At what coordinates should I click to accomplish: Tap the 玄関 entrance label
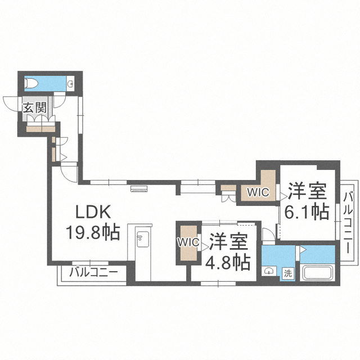tap(35, 107)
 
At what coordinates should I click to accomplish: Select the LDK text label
tap(93, 211)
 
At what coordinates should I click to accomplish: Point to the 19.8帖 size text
tap(93, 232)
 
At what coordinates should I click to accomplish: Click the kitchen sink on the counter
tap(142, 239)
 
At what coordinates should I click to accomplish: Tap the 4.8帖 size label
tap(227, 262)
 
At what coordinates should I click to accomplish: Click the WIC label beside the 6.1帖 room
tap(258, 192)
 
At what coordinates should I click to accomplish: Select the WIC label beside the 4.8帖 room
tap(189, 242)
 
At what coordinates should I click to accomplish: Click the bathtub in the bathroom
tap(318, 272)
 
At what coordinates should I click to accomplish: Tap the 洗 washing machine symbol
tap(288, 273)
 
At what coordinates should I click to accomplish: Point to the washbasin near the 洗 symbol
tap(269, 271)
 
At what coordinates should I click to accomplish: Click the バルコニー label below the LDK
tap(93, 272)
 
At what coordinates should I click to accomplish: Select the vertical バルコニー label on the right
tap(349, 223)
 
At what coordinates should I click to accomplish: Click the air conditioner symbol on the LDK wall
tap(139, 189)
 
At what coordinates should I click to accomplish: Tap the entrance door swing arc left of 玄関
tap(10, 103)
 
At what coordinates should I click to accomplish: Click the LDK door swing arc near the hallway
tap(69, 174)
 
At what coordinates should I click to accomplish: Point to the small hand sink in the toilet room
tap(71, 83)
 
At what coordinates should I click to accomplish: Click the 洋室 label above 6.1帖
tap(308, 191)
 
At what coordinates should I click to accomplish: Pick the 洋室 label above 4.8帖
tap(228, 241)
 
